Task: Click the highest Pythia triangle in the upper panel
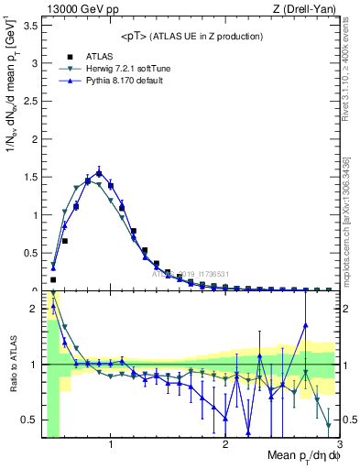point(99,170)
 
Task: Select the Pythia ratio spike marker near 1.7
point(305,324)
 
